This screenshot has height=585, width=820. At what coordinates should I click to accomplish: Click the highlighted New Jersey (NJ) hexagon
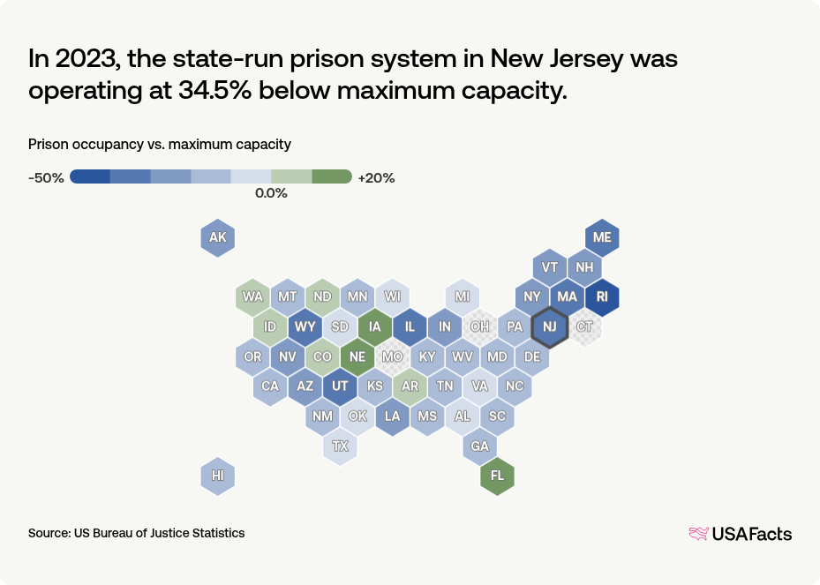(x=549, y=327)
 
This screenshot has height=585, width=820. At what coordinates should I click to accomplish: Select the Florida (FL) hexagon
(x=497, y=476)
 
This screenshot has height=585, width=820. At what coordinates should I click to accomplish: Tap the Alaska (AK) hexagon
(x=218, y=237)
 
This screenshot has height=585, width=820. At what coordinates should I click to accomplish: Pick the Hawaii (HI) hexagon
(x=218, y=476)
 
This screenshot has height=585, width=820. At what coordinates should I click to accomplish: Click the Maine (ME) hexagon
(x=602, y=237)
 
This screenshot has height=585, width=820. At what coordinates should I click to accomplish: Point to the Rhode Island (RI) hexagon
(x=602, y=297)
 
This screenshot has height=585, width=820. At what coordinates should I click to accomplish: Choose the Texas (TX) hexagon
(x=340, y=446)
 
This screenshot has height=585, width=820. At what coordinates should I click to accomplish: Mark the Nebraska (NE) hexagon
(x=357, y=356)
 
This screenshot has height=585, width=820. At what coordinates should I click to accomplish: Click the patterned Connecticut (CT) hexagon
(x=584, y=327)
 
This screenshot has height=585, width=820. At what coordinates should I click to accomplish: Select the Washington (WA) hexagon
(x=252, y=296)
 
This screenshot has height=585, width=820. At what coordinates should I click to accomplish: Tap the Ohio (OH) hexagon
(x=479, y=327)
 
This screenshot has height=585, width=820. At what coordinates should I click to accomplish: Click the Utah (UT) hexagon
(x=340, y=386)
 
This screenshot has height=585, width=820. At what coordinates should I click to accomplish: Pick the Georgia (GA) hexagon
(x=479, y=446)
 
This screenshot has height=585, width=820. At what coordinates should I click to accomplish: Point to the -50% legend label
(x=46, y=177)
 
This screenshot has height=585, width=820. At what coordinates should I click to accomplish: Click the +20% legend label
(x=376, y=177)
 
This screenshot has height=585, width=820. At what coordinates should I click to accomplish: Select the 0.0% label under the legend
(x=271, y=193)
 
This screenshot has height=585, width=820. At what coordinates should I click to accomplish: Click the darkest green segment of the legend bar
(x=332, y=176)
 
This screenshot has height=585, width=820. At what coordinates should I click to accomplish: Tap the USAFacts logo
(x=740, y=533)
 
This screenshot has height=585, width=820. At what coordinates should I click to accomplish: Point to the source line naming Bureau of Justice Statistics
(x=137, y=533)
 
